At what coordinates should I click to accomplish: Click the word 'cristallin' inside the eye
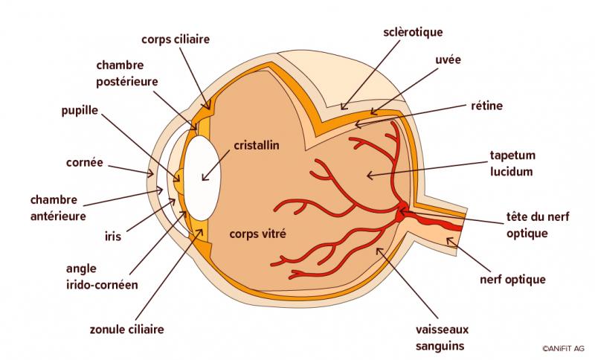(256, 146)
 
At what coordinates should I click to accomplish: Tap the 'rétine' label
(487, 106)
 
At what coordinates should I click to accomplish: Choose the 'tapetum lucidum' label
(510, 164)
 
